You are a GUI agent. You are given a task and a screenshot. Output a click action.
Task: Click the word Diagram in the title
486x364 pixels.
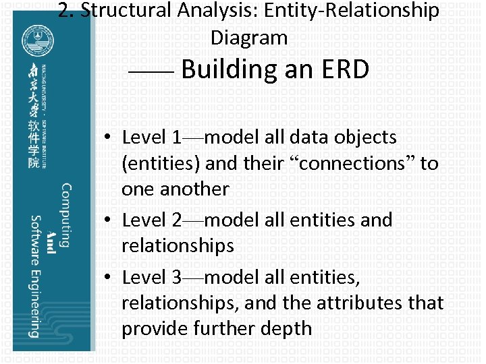click(249, 38)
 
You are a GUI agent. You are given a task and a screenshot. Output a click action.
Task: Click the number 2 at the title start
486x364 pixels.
click(63, 11)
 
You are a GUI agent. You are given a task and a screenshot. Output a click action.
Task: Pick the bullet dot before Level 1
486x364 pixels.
click(108, 138)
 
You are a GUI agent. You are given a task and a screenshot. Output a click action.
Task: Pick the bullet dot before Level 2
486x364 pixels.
click(108, 220)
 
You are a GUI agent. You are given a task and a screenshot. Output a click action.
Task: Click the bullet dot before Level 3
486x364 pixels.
click(108, 277)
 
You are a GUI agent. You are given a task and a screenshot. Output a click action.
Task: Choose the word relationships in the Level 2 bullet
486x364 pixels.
click(178, 245)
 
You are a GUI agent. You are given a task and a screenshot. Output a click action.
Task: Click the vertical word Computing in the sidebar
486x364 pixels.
click(67, 215)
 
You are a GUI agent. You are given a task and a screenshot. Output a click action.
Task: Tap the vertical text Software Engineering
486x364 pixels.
click(35, 276)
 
